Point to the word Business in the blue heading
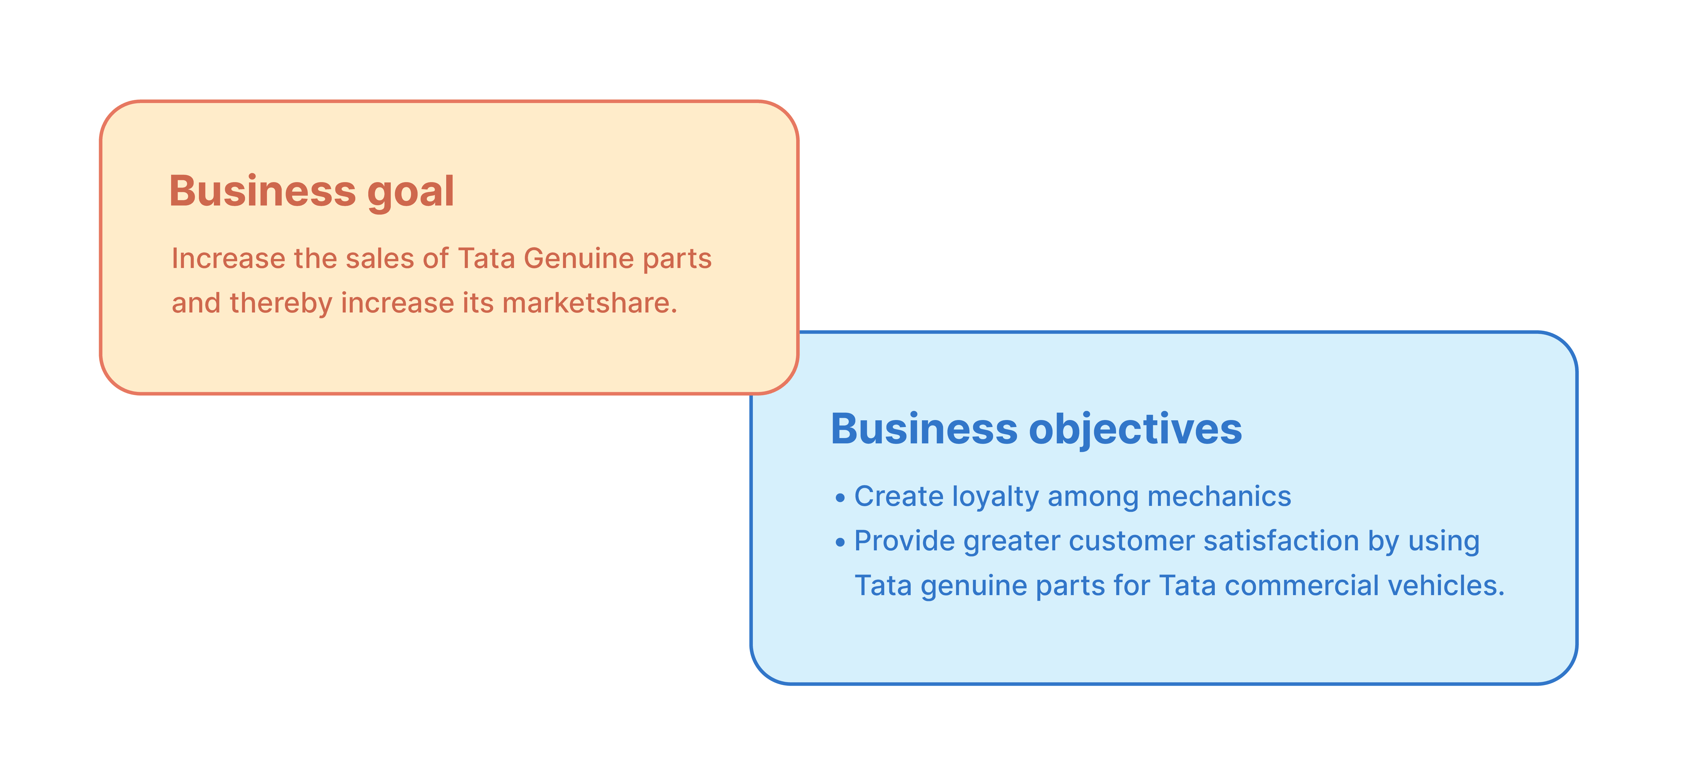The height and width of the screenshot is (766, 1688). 924,430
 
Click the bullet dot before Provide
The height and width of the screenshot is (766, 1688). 840,543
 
